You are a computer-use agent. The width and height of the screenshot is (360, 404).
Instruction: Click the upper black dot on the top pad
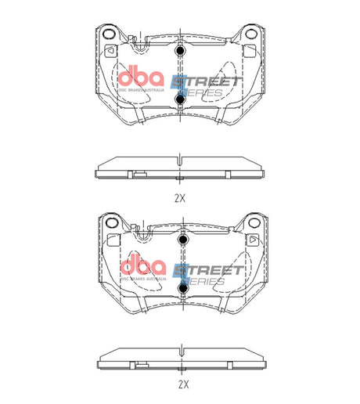click(180, 52)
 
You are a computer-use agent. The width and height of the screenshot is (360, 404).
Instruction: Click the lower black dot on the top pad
click(180, 99)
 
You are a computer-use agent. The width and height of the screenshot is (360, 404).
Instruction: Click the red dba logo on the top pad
click(141, 79)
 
